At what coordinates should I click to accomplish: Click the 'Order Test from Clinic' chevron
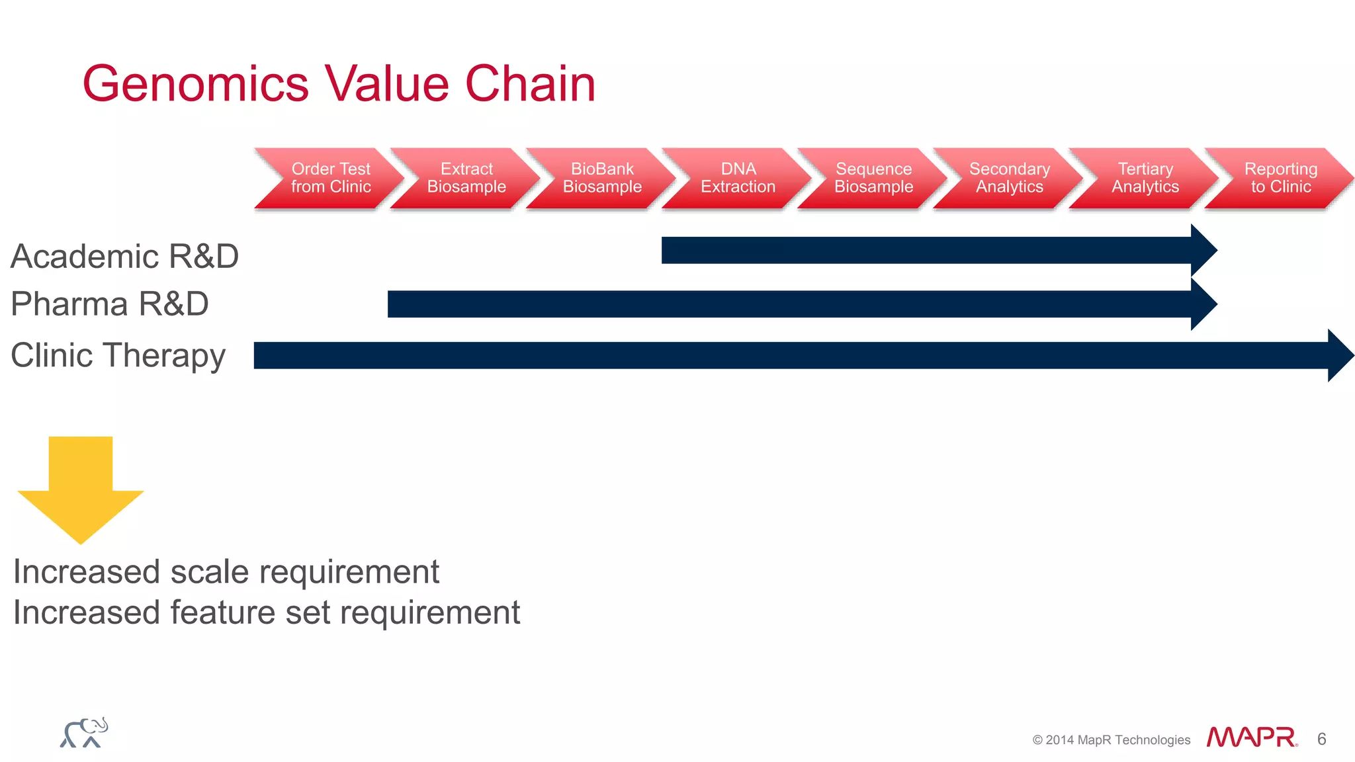[331, 178]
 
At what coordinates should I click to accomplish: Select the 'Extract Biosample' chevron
[466, 178]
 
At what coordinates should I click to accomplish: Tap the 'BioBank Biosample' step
[602, 178]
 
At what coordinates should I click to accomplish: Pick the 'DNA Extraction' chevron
[738, 178]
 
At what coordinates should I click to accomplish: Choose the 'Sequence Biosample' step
[873, 178]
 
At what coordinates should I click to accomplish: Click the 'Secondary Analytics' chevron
[1010, 178]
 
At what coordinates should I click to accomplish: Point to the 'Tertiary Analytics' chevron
[1145, 178]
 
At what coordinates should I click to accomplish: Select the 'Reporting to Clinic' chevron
[1281, 178]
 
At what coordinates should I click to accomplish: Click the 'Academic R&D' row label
[124, 257]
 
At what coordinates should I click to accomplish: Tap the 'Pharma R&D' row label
[110, 304]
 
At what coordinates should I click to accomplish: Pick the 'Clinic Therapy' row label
[118, 356]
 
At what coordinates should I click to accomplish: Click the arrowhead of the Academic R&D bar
[1202, 251]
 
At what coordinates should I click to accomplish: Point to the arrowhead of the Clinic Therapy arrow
[1339, 356]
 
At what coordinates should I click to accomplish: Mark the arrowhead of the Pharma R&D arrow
[1202, 304]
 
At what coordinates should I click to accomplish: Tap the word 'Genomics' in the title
[196, 84]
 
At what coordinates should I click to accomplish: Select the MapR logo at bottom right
[1251, 737]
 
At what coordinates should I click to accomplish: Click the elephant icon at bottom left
[84, 733]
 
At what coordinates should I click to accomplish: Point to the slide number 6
[1321, 739]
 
